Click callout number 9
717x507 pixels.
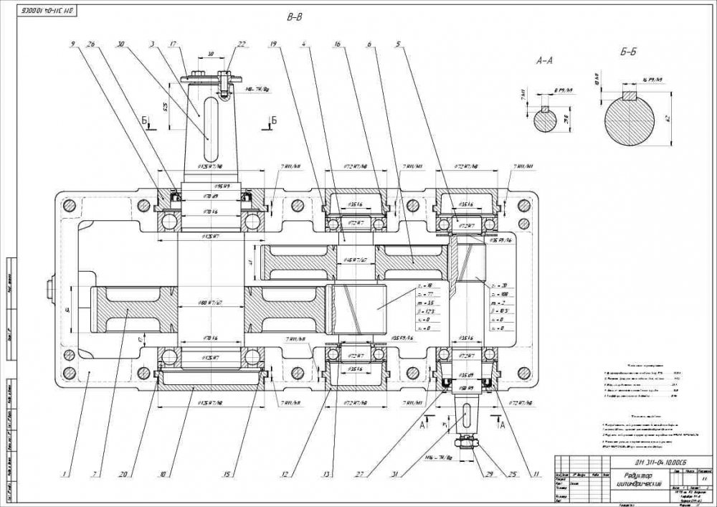(x=72, y=44)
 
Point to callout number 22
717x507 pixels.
(x=242, y=44)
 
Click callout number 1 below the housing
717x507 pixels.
(x=65, y=473)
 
